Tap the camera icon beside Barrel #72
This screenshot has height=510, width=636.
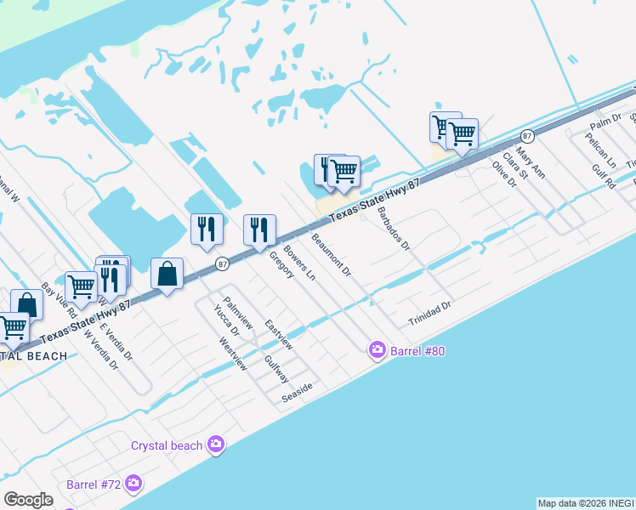(x=133, y=484)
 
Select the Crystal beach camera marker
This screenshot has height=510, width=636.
(x=216, y=445)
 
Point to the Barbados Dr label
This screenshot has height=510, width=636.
(x=394, y=229)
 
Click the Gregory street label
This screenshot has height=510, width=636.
(x=281, y=264)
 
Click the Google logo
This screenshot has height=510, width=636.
(x=28, y=499)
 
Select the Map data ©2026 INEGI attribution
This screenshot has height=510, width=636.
(x=586, y=503)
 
